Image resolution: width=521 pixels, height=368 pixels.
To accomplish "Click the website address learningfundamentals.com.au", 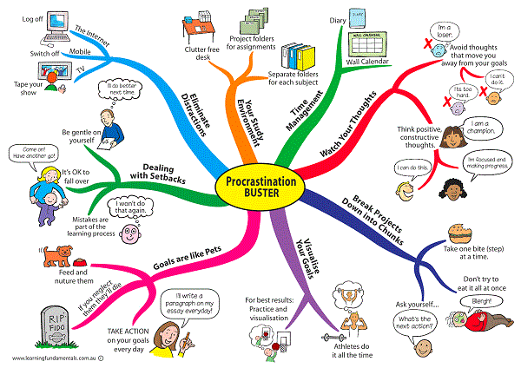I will tap(55, 358).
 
